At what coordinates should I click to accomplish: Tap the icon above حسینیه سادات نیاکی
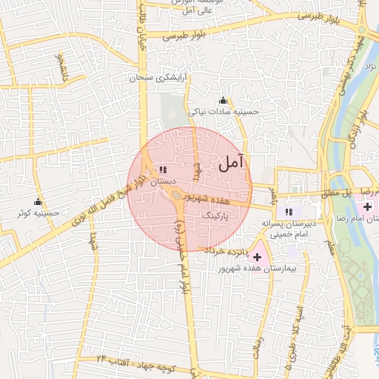[223, 101]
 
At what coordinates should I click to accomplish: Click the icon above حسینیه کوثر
[38, 202]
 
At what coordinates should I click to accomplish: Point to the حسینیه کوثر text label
[38, 213]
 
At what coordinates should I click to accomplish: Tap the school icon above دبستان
[163, 170]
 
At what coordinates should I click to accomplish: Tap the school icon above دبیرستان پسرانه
[288, 212]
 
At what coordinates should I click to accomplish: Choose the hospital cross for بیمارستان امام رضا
[368, 206]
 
